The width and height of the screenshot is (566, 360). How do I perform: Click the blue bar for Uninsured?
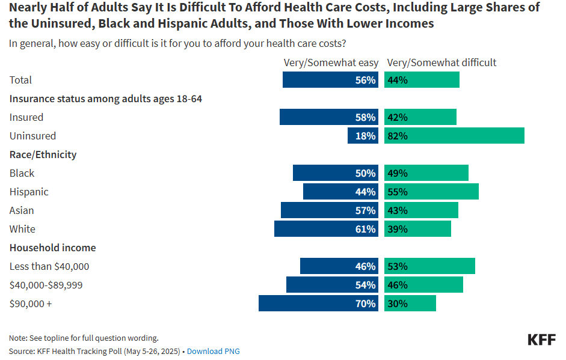(x=363, y=136)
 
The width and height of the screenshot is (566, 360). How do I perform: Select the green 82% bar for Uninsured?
(x=454, y=136)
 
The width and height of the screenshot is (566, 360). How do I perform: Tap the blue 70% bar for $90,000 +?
(x=318, y=304)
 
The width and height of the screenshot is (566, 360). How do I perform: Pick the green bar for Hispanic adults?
(x=431, y=192)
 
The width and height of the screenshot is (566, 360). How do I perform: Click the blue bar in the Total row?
(x=330, y=80)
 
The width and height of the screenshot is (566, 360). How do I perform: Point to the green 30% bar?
(x=410, y=304)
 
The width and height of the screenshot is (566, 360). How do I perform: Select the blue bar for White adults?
(x=326, y=229)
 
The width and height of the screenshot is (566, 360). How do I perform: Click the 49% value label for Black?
(x=398, y=173)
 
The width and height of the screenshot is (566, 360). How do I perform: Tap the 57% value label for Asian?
(x=365, y=210)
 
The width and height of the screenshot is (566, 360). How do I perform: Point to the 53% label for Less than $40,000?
(x=398, y=266)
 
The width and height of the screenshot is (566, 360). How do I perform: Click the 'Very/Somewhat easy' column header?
(x=331, y=63)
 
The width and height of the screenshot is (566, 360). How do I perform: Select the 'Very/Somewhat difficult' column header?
(x=441, y=63)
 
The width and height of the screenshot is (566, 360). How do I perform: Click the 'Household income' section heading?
(x=52, y=248)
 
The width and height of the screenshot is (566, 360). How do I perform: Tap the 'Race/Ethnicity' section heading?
(x=43, y=154)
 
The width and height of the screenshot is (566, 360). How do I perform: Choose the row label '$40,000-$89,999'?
(x=46, y=285)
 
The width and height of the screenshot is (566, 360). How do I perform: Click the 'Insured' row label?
(x=26, y=117)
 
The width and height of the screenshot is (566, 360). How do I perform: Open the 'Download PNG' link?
(x=213, y=351)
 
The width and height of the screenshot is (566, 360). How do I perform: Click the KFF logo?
(x=541, y=340)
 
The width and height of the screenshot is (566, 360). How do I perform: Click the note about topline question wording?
(x=84, y=338)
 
